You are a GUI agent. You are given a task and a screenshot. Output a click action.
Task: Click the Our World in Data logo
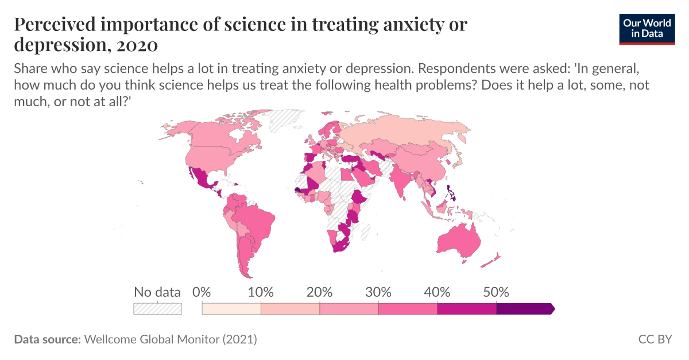(647, 28)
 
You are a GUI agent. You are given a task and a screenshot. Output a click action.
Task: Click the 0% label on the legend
(202, 292)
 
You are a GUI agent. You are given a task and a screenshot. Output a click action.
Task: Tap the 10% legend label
(261, 292)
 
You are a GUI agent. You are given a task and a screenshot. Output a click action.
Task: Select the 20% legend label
(320, 292)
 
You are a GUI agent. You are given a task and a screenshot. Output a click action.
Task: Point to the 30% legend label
(378, 292)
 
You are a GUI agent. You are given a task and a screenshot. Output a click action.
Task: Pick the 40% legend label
(438, 292)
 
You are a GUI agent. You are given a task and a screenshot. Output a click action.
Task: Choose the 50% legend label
(496, 292)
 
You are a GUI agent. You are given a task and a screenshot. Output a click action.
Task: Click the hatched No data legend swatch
(157, 309)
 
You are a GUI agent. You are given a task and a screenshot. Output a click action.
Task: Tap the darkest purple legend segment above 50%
(524, 309)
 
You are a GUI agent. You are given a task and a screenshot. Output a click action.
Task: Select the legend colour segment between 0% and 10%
(231, 309)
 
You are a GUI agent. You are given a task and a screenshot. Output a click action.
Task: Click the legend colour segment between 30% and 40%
(408, 309)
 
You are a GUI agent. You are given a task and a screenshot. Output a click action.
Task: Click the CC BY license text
(655, 339)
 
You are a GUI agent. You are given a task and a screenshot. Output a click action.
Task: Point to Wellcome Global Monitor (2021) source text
(171, 339)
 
